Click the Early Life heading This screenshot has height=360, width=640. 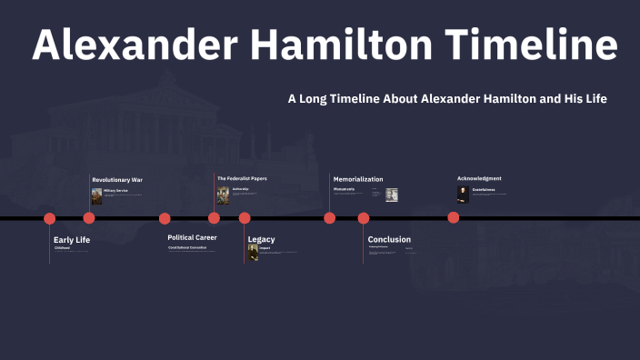[72, 240]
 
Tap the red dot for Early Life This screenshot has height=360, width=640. [50, 218]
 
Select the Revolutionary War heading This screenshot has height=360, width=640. [117, 180]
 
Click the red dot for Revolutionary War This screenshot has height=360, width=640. [89, 218]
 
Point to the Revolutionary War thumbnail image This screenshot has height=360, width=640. [96, 195]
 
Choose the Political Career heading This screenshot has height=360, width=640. [192, 237]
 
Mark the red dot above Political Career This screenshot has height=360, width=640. [165, 218]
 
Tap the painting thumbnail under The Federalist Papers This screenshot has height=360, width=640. [223, 195]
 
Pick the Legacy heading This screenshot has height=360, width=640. [261, 240]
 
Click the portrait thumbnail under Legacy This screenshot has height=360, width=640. [254, 252]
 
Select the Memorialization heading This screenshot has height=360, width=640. [358, 179]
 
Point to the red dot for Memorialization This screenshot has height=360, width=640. [330, 218]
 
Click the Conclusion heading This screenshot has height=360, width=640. [389, 240]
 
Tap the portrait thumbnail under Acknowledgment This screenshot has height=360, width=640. [463, 194]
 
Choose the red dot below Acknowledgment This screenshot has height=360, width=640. [454, 218]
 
